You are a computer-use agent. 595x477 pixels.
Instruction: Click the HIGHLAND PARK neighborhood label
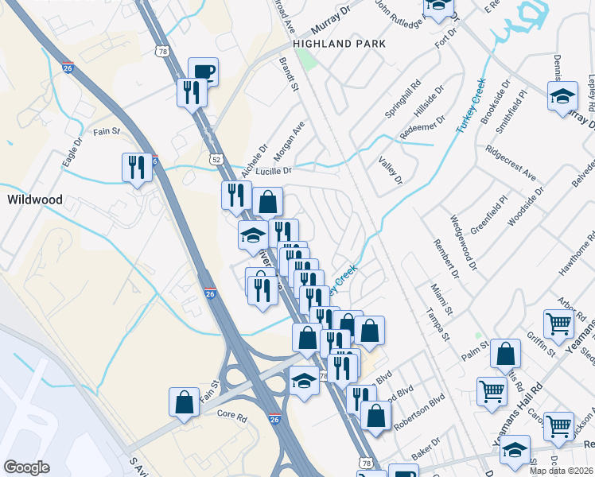[x=339, y=44]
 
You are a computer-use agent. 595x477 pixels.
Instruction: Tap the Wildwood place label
[x=35, y=200]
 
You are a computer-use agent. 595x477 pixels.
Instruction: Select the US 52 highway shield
[x=216, y=159]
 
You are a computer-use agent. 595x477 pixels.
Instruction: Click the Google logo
[x=26, y=468]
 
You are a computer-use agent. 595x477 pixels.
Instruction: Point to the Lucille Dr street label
[x=274, y=170]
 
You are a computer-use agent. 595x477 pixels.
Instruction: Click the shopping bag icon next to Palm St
[x=506, y=354]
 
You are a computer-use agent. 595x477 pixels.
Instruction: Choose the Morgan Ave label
[x=290, y=138]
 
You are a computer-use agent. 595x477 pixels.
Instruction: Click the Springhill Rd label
[x=402, y=99]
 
